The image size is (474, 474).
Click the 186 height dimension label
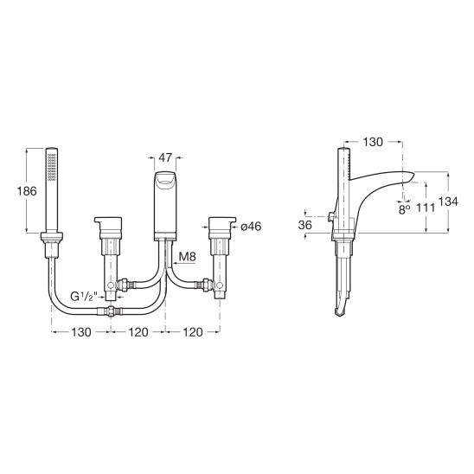pos(27,191)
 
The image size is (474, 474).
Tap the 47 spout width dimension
pos(165,157)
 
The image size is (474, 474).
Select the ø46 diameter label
pos(251,227)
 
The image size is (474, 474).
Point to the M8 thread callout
pos(187,257)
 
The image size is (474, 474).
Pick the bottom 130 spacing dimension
pos(81,332)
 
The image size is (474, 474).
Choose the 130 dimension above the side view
pos(373,142)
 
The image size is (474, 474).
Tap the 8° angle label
pos(404,209)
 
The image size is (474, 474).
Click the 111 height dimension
pos(426,208)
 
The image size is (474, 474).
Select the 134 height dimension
pos(448,202)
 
